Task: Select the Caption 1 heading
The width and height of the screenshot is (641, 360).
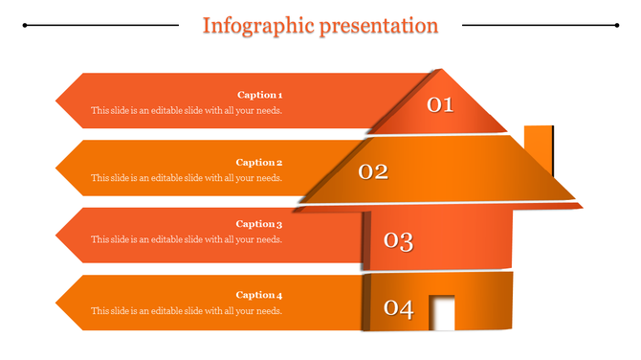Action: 259,95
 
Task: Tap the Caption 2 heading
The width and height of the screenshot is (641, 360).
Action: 259,163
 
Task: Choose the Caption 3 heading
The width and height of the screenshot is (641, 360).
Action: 259,224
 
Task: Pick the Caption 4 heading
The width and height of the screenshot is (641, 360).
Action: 259,295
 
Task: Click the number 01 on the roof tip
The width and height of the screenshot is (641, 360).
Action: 439,104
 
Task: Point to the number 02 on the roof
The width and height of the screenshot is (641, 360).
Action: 373,172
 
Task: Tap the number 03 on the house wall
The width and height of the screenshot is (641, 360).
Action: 398,241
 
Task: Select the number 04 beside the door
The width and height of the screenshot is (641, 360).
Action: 398,309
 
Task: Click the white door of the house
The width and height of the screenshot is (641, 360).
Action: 442,313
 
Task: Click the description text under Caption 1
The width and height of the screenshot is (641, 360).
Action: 187,110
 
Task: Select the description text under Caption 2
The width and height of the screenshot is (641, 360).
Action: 187,178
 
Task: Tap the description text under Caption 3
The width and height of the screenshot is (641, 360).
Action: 187,239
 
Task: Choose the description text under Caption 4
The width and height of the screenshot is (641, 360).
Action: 187,310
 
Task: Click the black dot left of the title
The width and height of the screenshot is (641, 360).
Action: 25,26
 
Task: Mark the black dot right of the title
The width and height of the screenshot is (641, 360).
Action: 617,26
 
